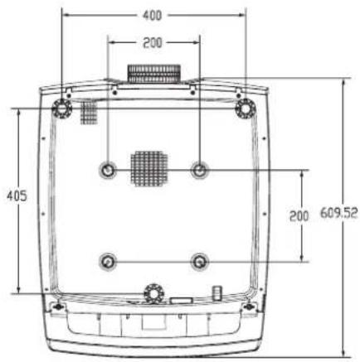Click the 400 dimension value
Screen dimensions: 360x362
152,16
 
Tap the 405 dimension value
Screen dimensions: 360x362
17,195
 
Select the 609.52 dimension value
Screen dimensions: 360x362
339,213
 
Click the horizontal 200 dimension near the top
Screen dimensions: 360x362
153,43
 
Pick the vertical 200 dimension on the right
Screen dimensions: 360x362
299,215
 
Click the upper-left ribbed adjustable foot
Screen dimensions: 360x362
62,108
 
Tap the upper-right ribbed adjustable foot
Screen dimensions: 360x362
246,108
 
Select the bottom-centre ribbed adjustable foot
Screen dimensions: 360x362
154,293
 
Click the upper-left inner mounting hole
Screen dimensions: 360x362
108,170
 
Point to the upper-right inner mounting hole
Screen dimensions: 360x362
200,170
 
